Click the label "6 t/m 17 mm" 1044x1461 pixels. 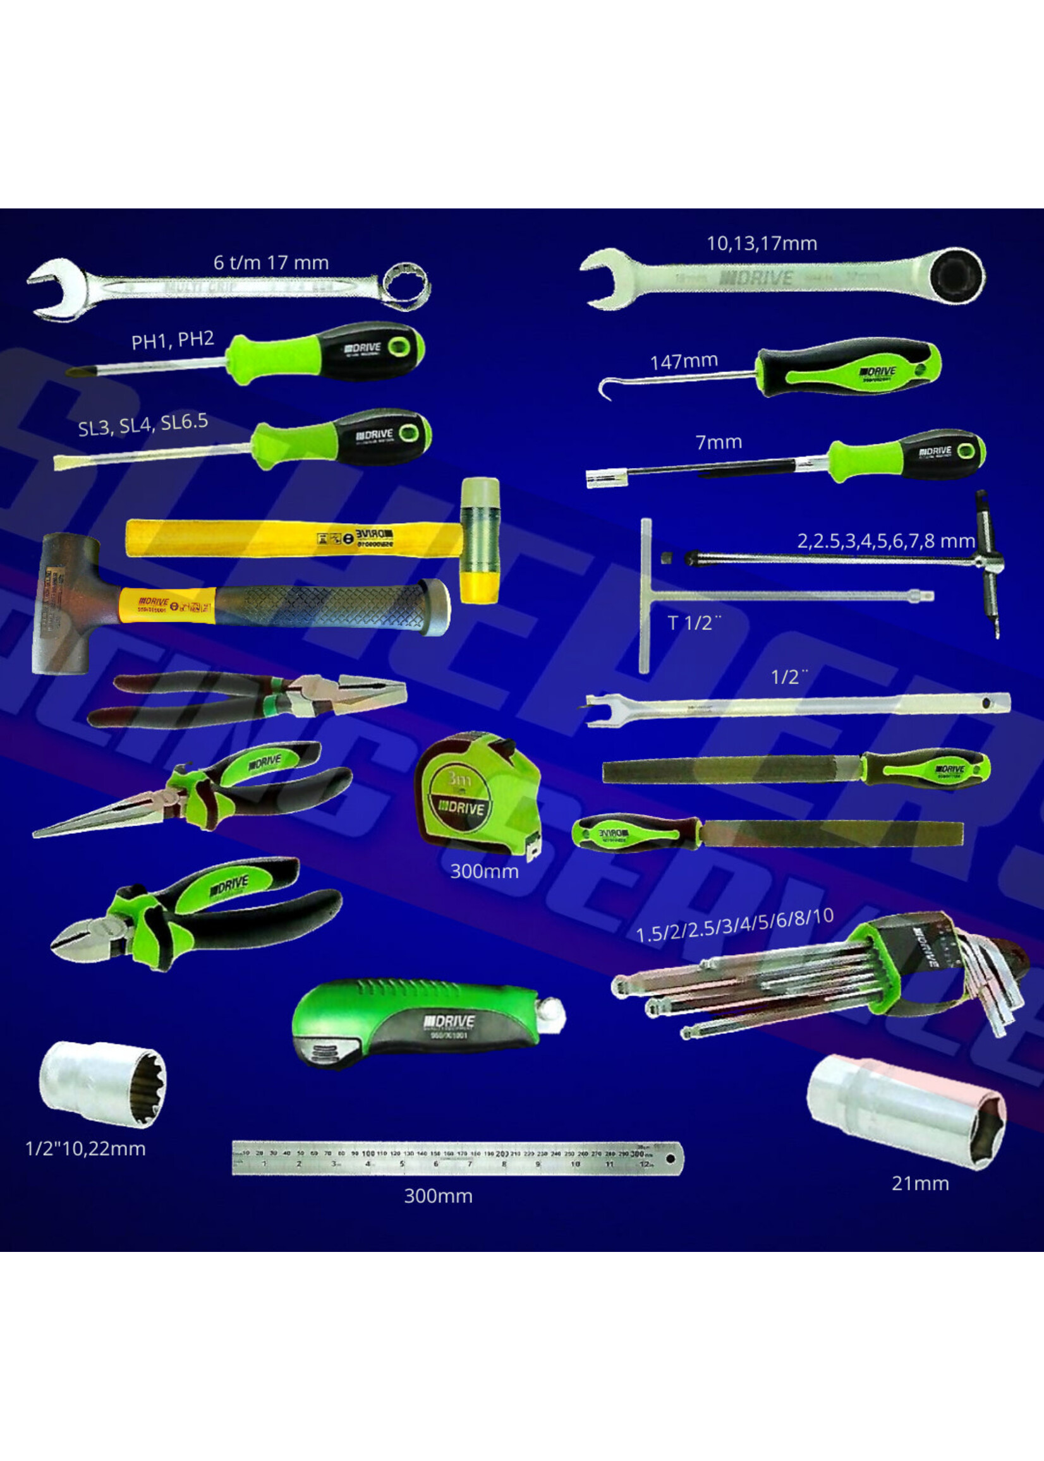tap(270, 263)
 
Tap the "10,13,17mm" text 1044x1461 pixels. tap(762, 244)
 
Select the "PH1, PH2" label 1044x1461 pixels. tap(173, 340)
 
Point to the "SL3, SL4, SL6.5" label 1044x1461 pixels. tap(143, 424)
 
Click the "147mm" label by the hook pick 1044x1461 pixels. tap(683, 362)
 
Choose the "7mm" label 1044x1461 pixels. tap(718, 442)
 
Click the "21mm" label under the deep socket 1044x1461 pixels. tap(920, 1184)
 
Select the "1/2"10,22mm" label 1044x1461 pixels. tap(85, 1149)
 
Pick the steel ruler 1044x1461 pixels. tap(457, 1158)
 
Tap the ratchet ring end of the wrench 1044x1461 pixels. tap(959, 277)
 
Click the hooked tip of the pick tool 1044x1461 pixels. tap(605, 389)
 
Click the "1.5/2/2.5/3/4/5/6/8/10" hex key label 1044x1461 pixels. tap(734, 925)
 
